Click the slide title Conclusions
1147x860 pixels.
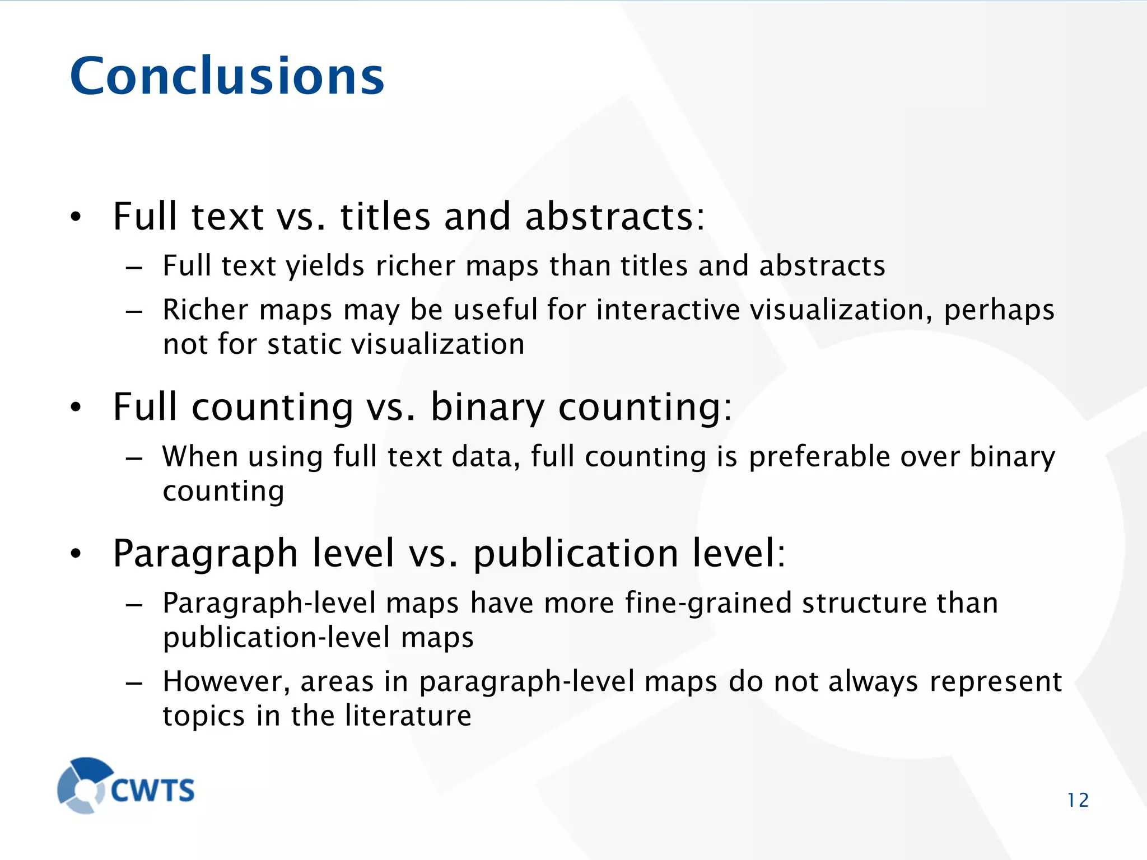[227, 76]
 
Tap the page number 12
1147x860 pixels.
[1078, 800]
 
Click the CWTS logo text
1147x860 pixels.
[152, 790]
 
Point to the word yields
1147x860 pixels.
[325, 266]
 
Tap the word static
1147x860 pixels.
[302, 344]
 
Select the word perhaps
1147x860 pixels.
[999, 311]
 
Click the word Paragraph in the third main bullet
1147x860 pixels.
[206, 554]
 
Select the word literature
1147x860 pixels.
[408, 716]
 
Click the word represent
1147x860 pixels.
[995, 682]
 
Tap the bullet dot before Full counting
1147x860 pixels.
[76, 407]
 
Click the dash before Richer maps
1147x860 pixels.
[134, 311]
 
